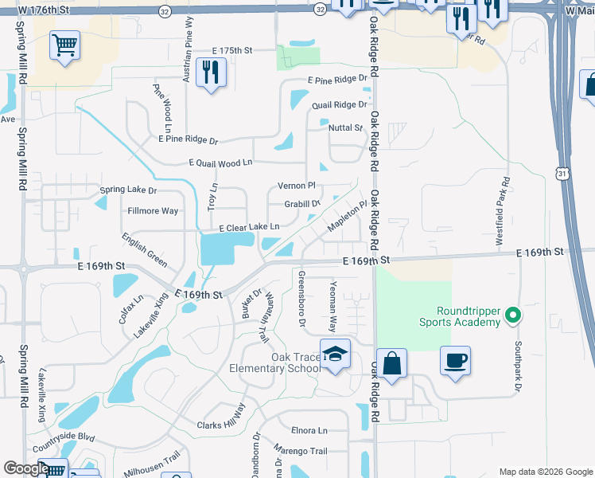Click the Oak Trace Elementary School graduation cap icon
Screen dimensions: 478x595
click(336, 355)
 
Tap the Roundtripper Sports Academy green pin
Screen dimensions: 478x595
click(513, 315)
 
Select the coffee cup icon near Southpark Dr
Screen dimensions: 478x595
click(455, 361)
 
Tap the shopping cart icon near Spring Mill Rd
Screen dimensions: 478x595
click(64, 45)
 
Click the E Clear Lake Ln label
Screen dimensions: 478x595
click(248, 227)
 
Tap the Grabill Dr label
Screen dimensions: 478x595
click(301, 204)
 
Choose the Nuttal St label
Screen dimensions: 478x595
click(345, 127)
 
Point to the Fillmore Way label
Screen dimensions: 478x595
click(153, 211)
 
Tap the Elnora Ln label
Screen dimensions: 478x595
click(309, 430)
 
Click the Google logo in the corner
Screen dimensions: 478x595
click(25, 468)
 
